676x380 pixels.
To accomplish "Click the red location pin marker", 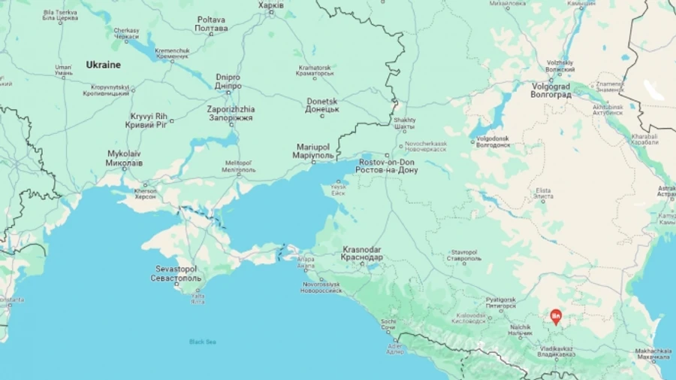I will (556, 317).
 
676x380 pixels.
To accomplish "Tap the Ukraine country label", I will (103, 65).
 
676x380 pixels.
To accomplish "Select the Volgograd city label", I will (551, 90).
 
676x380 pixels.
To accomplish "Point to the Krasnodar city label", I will (362, 254).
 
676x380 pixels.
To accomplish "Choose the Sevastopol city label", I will (177, 273).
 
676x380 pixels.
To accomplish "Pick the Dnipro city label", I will (228, 81).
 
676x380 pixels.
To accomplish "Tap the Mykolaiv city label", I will (124, 158).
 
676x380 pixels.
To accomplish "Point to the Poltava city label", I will (211, 24).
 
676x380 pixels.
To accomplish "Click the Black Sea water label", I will (203, 342).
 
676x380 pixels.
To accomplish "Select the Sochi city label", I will (388, 325).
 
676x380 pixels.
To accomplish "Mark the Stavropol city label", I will (463, 255).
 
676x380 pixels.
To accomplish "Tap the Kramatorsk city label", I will (315, 71).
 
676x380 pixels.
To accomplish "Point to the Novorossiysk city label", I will (321, 287).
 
